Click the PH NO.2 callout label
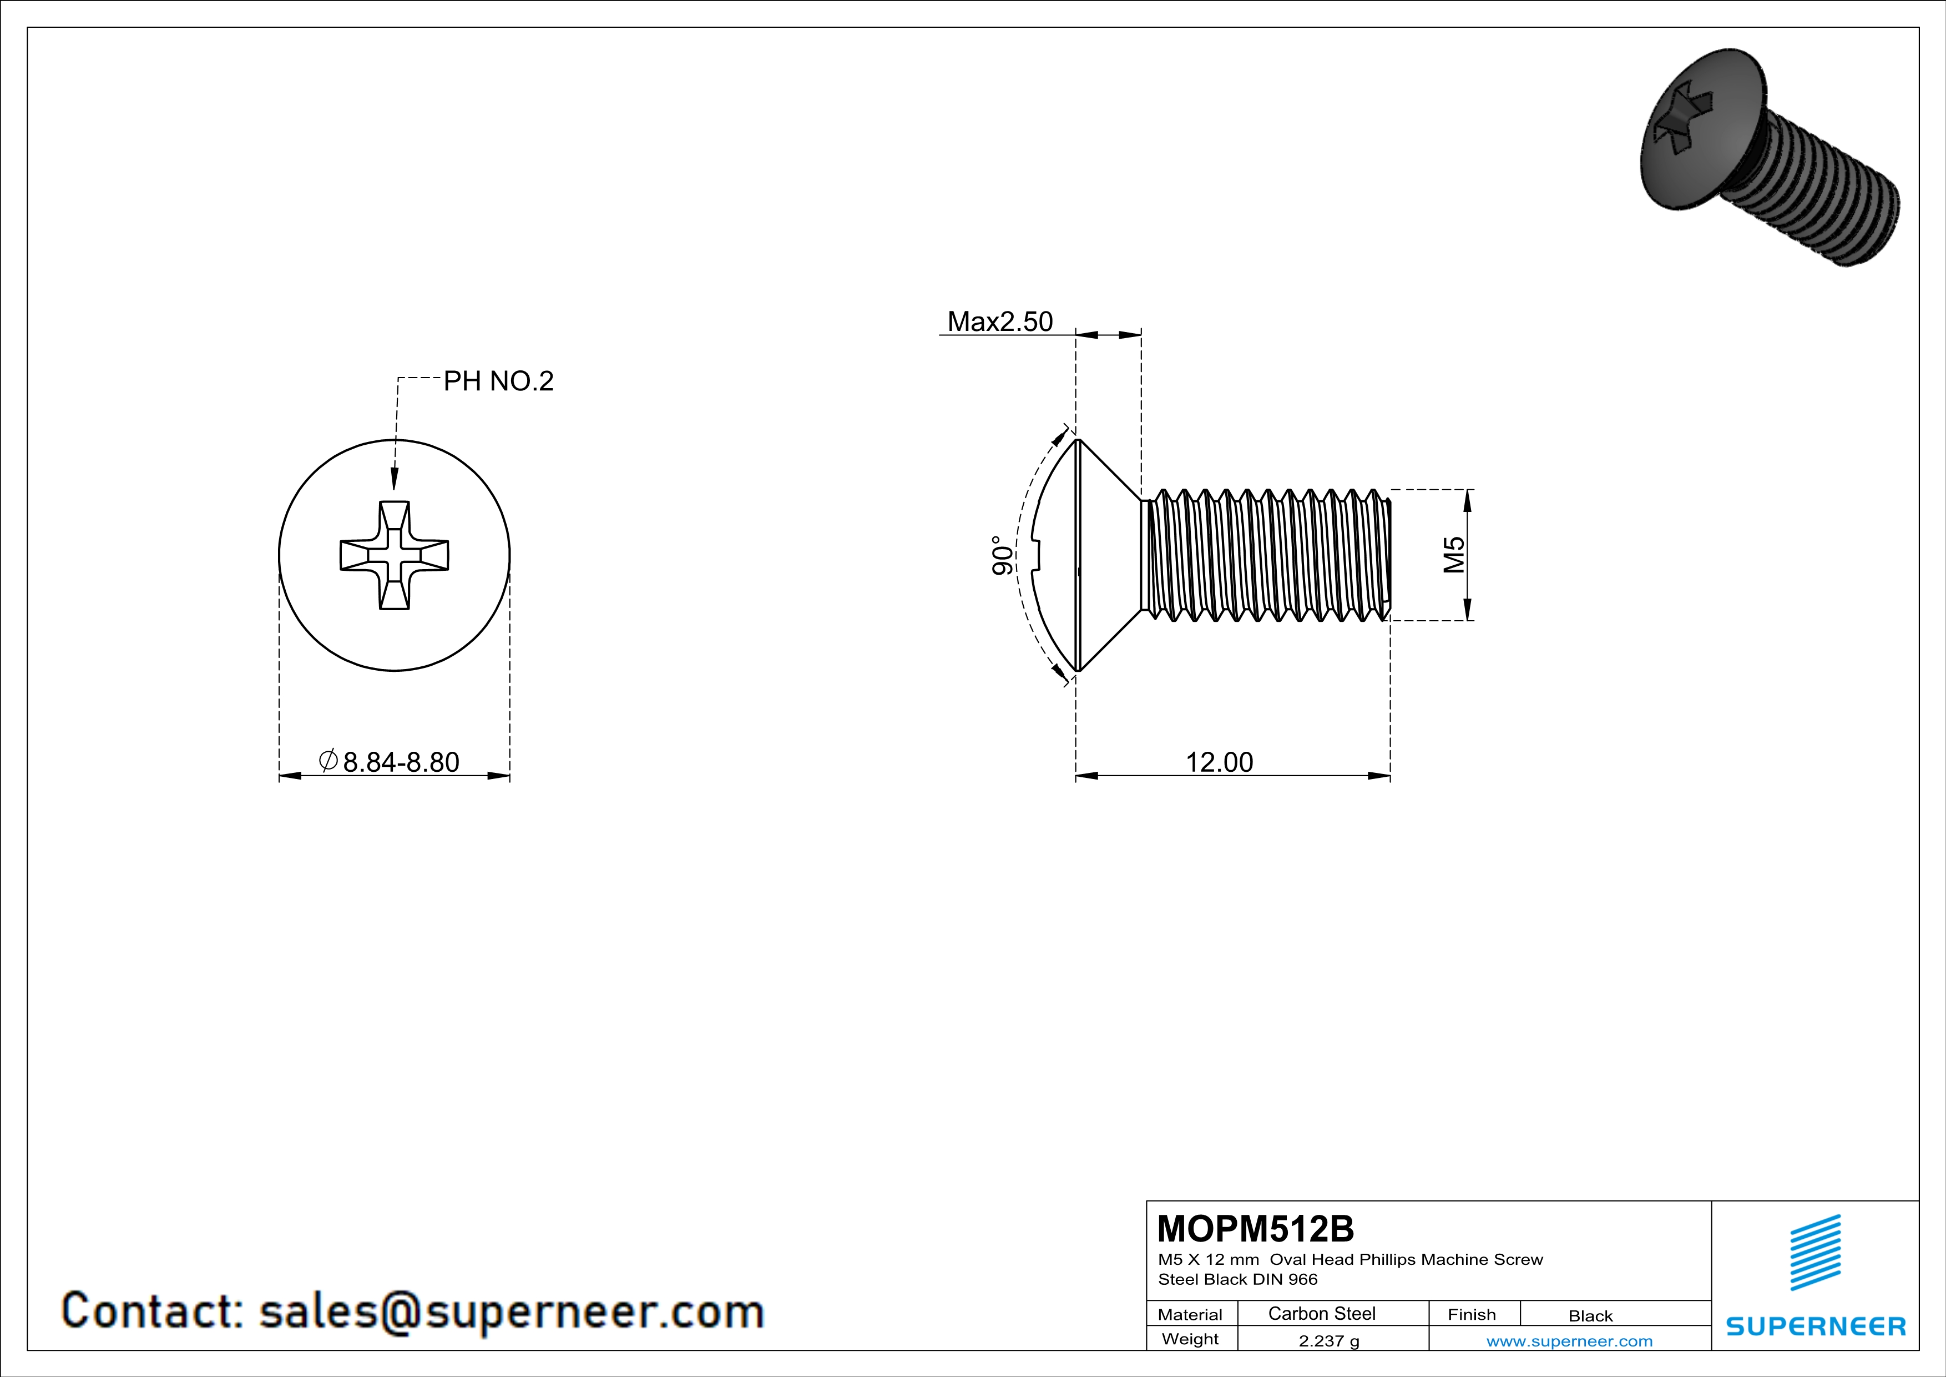click(498, 381)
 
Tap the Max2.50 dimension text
click(999, 321)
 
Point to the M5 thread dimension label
click(1454, 555)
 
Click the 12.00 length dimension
click(1219, 762)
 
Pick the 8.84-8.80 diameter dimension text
click(400, 762)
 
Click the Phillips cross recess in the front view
click(394, 555)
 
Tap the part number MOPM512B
click(1255, 1229)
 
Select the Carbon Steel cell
click(1321, 1313)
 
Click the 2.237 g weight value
click(1328, 1340)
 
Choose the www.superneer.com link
click(1569, 1340)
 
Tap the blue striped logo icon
click(1814, 1253)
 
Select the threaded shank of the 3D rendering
click(1831, 204)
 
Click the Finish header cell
click(1472, 1314)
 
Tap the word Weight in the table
click(1190, 1339)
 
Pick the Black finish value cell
click(1590, 1316)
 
